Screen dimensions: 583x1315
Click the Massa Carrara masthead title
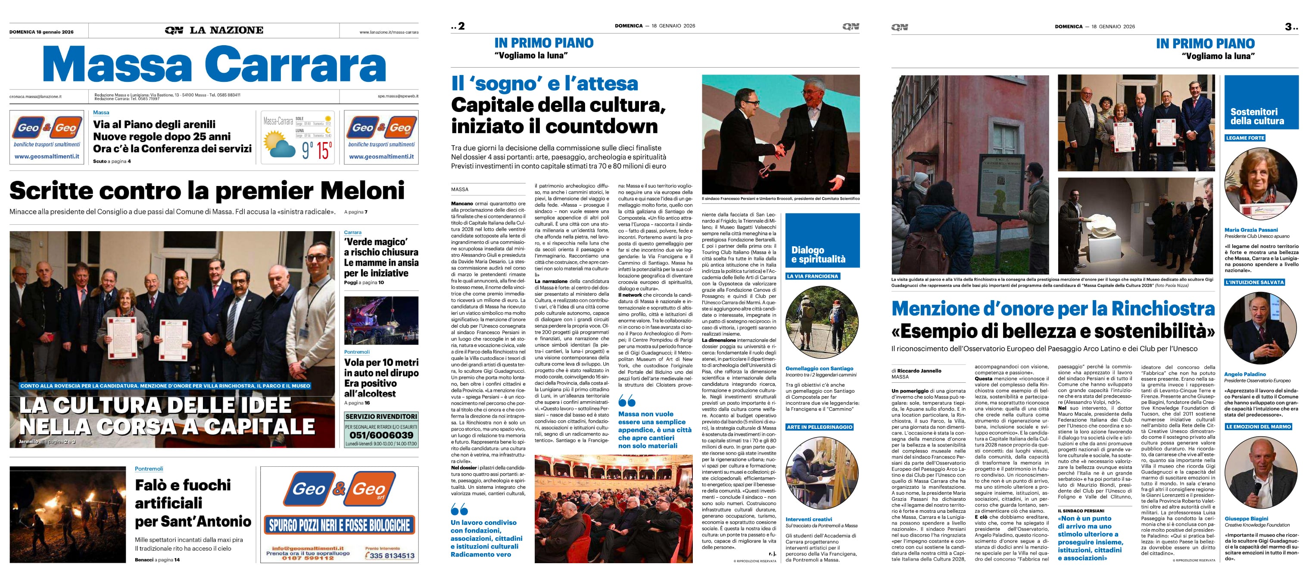214,65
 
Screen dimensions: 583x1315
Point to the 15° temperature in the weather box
324,150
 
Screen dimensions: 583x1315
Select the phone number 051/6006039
381,435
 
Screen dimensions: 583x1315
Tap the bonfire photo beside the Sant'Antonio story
67,514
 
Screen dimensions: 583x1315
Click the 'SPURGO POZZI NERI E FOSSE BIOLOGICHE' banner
339,525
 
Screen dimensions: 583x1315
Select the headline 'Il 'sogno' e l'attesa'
544,84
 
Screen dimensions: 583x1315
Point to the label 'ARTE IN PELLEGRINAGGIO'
820,427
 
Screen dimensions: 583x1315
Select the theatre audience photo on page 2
613,509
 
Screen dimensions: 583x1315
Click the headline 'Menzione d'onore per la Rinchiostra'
1053,309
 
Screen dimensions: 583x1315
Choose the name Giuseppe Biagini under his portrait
1246,518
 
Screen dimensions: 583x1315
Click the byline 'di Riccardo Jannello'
916,371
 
